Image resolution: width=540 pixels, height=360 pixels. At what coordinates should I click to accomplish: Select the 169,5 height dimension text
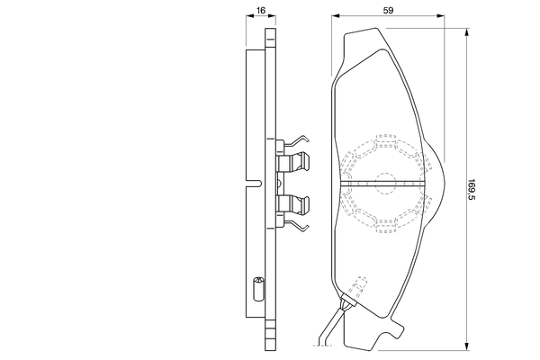tap(472, 190)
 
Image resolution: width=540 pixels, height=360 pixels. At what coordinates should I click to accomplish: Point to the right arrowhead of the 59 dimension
tap(442, 16)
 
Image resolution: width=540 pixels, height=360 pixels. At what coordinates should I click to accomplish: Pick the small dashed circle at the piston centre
tap(385, 182)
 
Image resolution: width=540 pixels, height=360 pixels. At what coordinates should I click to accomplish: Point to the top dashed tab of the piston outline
tap(386, 140)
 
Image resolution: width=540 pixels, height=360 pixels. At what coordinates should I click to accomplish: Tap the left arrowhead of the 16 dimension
tap(247, 16)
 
